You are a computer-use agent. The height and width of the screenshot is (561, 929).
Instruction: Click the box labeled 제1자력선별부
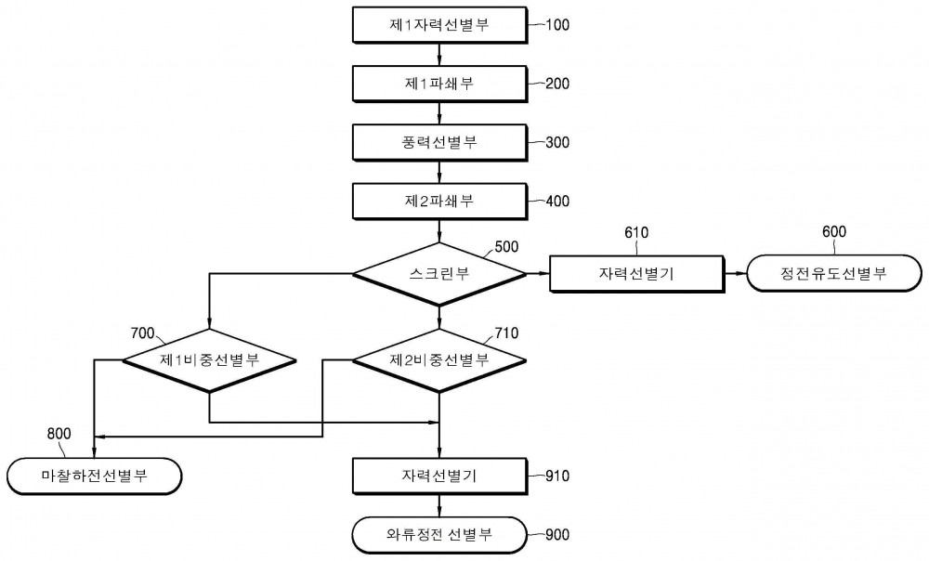click(x=439, y=25)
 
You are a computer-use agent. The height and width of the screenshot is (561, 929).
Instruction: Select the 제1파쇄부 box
click(x=439, y=84)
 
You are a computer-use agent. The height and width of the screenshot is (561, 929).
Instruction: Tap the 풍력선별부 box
click(x=439, y=142)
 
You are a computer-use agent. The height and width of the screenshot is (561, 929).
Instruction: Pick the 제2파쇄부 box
click(x=439, y=202)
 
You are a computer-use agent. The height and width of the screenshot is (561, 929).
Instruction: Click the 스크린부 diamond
click(x=439, y=274)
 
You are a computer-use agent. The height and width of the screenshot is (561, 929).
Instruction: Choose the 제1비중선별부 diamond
click(x=209, y=360)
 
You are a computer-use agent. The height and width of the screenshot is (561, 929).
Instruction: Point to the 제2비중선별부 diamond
click(x=439, y=360)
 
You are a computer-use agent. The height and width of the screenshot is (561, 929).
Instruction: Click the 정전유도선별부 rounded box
click(x=834, y=274)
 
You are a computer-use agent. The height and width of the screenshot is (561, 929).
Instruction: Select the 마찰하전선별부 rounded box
click(x=95, y=476)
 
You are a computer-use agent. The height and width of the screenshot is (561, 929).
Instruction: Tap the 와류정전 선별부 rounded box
click(x=439, y=535)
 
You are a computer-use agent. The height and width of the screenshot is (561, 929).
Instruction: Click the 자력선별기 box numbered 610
click(x=637, y=274)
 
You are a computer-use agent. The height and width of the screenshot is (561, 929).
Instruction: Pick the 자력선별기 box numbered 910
click(x=439, y=476)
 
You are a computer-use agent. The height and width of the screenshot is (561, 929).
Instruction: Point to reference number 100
click(x=556, y=25)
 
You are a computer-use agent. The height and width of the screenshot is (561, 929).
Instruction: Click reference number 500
click(x=506, y=246)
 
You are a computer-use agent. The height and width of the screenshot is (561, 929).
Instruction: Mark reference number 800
click(x=59, y=434)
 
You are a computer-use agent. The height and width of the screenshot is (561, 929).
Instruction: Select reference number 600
click(x=834, y=231)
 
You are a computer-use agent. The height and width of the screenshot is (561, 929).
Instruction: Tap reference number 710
click(x=506, y=333)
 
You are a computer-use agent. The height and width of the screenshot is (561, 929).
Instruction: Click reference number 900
click(x=556, y=535)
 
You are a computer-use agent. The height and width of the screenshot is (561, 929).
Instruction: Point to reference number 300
click(x=556, y=142)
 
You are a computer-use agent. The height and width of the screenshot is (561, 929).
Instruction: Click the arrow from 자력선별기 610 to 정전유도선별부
click(x=735, y=274)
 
